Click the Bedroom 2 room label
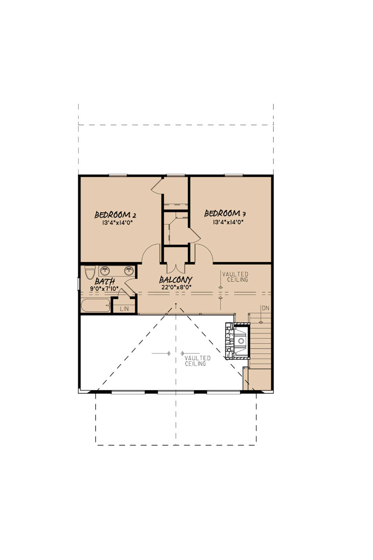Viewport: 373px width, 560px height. (115, 215)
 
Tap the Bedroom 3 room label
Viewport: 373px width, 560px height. (225, 213)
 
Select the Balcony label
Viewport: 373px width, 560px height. (176, 279)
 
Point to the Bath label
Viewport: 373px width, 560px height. (105, 281)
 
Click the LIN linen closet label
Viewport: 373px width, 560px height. (124, 309)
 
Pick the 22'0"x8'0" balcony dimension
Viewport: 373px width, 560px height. (176, 287)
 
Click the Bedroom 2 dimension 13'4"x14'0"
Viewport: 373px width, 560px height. (117, 223)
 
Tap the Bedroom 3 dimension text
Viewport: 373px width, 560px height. (228, 222)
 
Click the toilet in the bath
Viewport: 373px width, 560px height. (90, 272)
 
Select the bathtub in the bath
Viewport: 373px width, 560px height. (95, 305)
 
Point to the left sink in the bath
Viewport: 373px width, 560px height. (105, 270)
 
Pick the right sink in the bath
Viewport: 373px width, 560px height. (129, 270)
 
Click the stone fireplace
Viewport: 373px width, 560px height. (237, 341)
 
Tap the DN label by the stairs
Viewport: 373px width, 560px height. (265, 308)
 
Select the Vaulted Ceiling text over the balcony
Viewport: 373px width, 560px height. (235, 277)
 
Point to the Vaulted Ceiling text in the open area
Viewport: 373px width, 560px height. (197, 361)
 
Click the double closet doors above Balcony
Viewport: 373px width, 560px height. (176, 268)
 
